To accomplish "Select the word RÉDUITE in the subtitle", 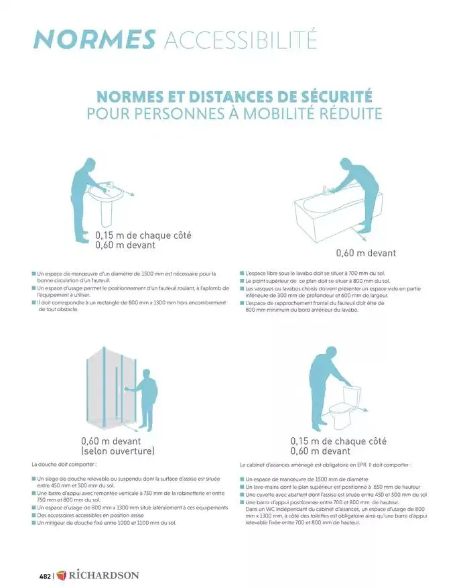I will [347, 114].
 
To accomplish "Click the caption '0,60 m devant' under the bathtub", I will [365, 253].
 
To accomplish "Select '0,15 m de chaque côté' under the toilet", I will [338, 441].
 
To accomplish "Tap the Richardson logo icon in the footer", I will [62, 575].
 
